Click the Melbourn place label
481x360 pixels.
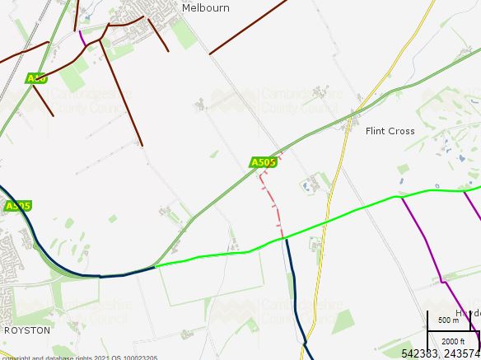[x=205, y=8]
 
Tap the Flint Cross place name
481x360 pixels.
[x=390, y=131]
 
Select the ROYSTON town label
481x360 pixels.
[x=27, y=330]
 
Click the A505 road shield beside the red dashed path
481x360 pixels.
[x=264, y=162]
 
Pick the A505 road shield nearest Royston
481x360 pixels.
[x=18, y=206]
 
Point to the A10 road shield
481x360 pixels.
[x=36, y=78]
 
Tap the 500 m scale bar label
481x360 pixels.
[x=448, y=320]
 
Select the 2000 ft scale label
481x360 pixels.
[x=452, y=341]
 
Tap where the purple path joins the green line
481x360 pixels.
[x=401, y=197]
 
